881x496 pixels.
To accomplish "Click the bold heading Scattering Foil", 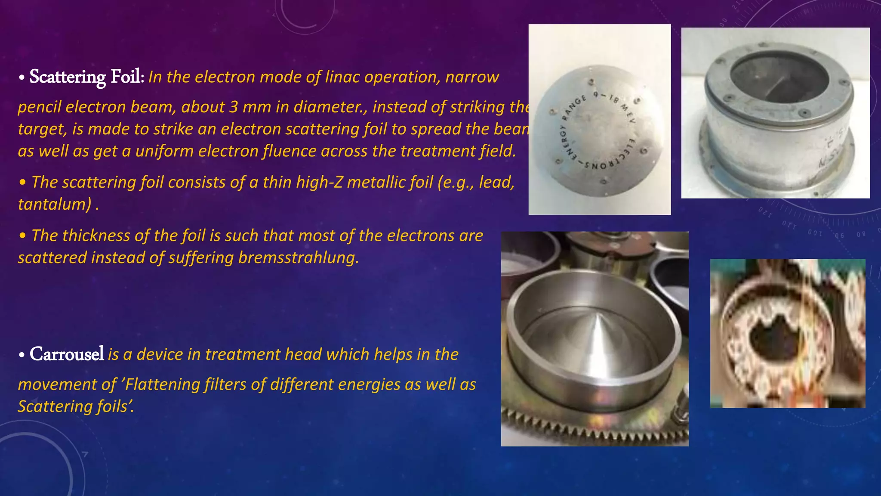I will click(x=86, y=77).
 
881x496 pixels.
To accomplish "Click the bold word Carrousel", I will click(x=67, y=354).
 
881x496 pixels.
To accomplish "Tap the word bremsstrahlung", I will click(x=298, y=257).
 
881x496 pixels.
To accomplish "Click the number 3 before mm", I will click(x=233, y=107).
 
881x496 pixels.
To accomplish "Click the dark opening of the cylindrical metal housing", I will click(x=779, y=77).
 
